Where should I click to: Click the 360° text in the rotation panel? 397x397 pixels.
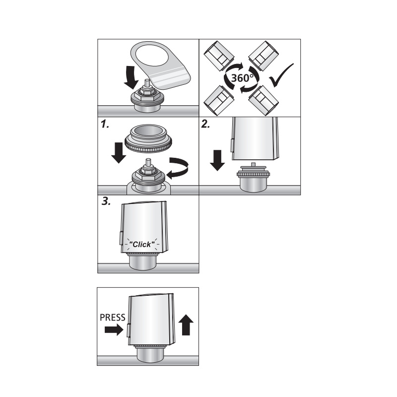pos(242,78)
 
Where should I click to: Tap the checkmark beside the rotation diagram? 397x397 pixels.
pos(281,75)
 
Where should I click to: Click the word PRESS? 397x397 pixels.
pos(113,318)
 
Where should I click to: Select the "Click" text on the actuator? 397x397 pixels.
pos(142,244)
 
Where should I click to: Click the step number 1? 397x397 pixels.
pos(105,125)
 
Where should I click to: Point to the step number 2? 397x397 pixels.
pos(205,125)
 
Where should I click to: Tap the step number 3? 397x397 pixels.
pos(106,201)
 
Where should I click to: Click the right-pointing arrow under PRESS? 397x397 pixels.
pos(114,330)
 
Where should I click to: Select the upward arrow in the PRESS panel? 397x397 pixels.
pos(186,325)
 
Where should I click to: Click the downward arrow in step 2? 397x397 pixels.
pos(217,160)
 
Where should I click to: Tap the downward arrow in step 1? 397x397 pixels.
pos(119,153)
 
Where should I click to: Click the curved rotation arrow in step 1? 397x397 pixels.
pos(179,168)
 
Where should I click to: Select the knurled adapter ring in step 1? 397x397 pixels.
pos(148,138)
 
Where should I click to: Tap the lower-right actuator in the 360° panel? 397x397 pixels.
pos(264,101)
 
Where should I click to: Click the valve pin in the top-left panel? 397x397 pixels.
pos(146,83)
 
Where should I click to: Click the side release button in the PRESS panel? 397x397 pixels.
pos(128,331)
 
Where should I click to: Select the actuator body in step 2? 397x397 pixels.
pos(255,138)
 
